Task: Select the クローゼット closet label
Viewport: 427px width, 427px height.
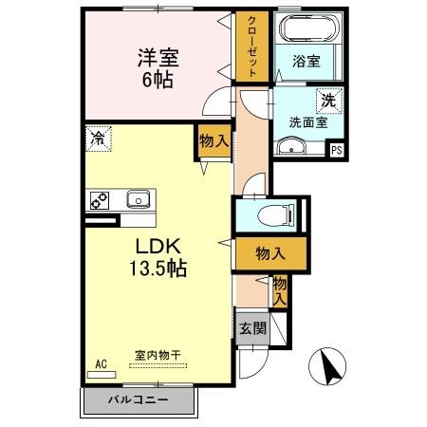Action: pos(253,46)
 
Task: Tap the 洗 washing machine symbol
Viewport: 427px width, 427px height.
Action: pos(327,100)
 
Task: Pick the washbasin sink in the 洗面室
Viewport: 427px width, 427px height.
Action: pos(290,145)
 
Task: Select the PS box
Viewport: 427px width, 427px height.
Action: pos(337,149)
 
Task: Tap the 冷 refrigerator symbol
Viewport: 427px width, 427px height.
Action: pos(98,138)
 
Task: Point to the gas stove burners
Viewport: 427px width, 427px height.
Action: pos(101,199)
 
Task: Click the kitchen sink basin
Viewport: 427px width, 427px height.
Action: pos(138,199)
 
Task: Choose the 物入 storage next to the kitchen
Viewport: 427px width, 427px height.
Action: pos(213,141)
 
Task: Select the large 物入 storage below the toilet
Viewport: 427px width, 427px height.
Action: pos(271,253)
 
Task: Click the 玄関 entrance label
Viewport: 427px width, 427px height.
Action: pos(251,327)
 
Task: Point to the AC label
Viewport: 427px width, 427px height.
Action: pos(102,362)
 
